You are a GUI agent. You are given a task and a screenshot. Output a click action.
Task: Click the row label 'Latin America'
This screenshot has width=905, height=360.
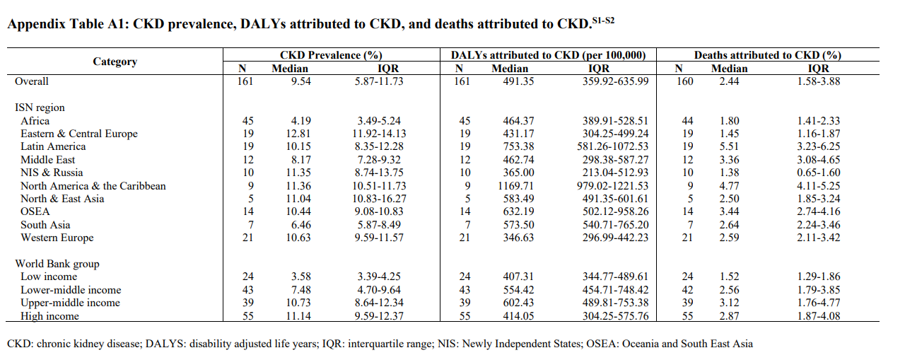click(x=53, y=146)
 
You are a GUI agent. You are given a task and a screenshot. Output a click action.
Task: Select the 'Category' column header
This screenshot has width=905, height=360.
click(x=115, y=62)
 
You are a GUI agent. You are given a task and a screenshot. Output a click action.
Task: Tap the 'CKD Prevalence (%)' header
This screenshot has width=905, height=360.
click(x=331, y=55)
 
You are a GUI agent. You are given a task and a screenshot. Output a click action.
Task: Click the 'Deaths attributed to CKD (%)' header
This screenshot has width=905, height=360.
click(x=767, y=55)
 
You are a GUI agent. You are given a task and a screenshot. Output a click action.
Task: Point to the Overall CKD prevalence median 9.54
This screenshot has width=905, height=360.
click(x=299, y=81)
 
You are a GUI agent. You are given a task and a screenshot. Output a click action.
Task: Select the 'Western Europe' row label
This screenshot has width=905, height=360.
click(x=57, y=238)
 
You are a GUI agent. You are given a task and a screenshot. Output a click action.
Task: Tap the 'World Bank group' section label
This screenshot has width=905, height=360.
click(x=57, y=264)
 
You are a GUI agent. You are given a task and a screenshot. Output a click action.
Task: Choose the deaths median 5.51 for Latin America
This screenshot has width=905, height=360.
click(x=729, y=146)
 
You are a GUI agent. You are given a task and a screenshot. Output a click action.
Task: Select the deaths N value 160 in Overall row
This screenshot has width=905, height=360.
click(x=684, y=81)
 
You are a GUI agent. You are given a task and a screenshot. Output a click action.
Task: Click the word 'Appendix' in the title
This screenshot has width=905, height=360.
click(x=33, y=24)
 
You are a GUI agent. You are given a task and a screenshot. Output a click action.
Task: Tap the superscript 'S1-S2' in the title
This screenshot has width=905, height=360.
click(x=602, y=19)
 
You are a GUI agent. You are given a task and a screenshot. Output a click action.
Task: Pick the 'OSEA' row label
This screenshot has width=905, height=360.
click(x=35, y=211)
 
